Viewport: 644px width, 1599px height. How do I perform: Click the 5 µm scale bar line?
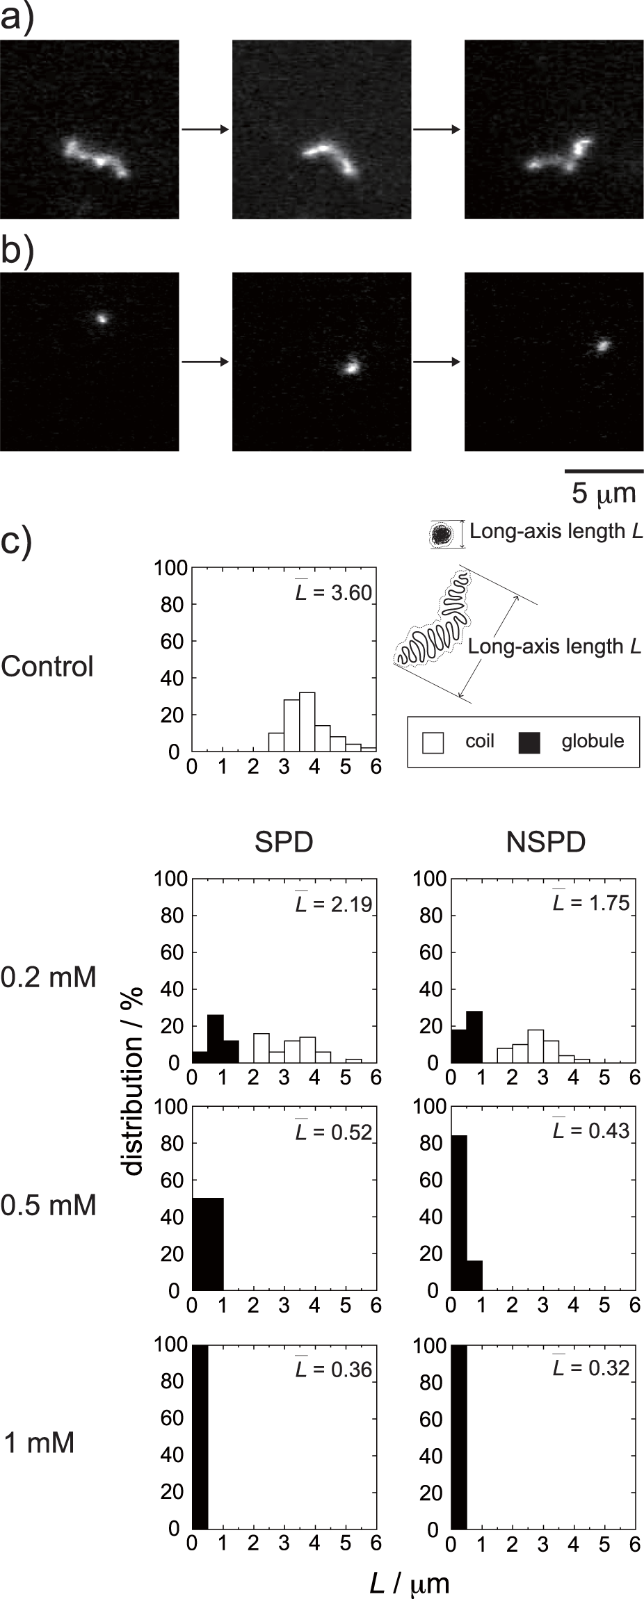[x=603, y=471]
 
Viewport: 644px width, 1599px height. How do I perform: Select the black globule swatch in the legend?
[x=529, y=742]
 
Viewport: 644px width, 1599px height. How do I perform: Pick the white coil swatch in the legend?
[x=433, y=742]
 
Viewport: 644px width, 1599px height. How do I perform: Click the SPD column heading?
[x=284, y=842]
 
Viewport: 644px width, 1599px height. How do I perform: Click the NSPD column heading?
[x=546, y=842]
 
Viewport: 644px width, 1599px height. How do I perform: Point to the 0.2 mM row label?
[x=48, y=977]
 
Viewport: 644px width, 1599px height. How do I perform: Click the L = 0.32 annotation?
[x=591, y=1367]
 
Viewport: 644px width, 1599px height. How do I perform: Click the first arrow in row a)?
[x=205, y=129]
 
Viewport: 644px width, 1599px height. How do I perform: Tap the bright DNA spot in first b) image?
[x=102, y=318]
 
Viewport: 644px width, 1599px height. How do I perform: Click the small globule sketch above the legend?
[x=441, y=534]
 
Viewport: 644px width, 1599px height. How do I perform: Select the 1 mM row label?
[x=39, y=1443]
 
